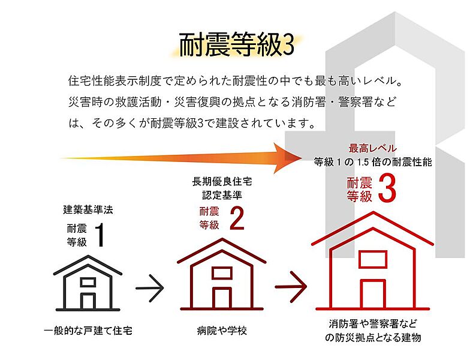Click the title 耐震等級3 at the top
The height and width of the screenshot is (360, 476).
coord(236,45)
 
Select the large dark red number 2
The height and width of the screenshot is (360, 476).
coord(237,218)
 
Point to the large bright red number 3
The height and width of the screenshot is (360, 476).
coord(387,188)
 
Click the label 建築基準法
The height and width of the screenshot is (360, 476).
coord(88,209)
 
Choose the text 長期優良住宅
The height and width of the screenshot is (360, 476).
coord(222,182)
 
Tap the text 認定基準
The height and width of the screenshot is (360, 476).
coord(222,195)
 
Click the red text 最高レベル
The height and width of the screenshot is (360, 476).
coord(372,148)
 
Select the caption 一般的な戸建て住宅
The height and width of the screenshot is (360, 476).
coord(88,331)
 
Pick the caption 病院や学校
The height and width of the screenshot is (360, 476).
coord(222,331)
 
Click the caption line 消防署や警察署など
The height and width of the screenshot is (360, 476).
coord(373,324)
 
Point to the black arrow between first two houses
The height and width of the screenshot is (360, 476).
coord(149,287)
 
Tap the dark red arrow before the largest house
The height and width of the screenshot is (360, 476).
coord(291,286)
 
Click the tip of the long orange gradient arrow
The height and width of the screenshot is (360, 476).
coord(302,158)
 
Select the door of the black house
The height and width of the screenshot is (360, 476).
coord(88,301)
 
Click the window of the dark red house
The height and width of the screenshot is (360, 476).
coord(222,273)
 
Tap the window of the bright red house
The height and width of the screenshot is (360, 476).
coord(373,259)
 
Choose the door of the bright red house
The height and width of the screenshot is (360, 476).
coord(373,294)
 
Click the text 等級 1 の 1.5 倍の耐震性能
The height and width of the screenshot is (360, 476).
coord(373,162)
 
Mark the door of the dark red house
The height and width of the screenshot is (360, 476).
coord(222,298)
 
